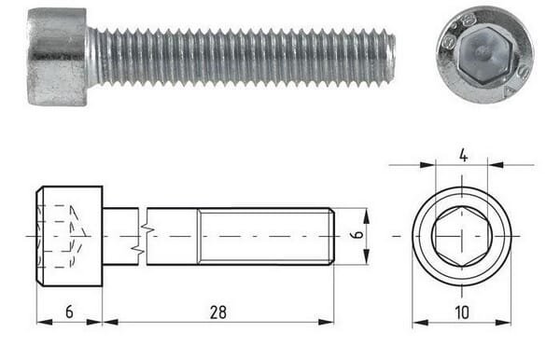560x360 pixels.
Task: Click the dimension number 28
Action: pos(217,312)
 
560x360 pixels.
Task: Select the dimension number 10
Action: pos(462,312)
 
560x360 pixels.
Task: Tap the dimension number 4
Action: pos(463,156)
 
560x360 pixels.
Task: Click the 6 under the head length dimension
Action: pos(69,312)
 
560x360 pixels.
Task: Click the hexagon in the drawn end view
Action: pos(462,236)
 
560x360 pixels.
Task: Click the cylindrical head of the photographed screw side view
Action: pos(57,57)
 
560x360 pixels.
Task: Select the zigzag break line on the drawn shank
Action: pos(143,237)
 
